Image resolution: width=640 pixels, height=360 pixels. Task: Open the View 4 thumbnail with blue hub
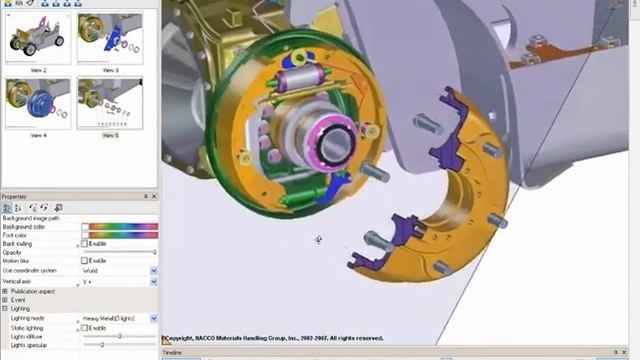tap(37, 102)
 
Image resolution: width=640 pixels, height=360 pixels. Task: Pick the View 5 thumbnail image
tap(109, 102)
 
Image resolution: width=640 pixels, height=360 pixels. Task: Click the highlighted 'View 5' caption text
tap(109, 135)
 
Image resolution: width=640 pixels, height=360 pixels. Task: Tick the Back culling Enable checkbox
tap(85, 243)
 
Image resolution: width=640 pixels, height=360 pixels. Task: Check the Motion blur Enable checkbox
tap(85, 261)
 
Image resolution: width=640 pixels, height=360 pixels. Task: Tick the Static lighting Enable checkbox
tap(85, 327)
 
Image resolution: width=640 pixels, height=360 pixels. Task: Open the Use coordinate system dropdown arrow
tap(153, 270)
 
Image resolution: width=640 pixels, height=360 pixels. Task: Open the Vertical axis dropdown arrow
tap(153, 282)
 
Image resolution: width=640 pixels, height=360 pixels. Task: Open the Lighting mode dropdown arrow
tap(153, 318)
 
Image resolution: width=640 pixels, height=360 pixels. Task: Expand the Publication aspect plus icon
tap(5, 291)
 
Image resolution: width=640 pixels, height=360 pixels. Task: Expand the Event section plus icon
tap(5, 300)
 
